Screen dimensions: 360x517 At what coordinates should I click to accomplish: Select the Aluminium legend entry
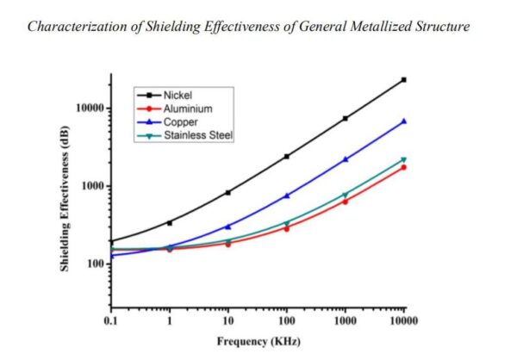pos(184,109)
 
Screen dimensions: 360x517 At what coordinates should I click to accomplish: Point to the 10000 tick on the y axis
pos(88,109)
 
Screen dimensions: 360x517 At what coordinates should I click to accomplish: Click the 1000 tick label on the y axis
pos(91,186)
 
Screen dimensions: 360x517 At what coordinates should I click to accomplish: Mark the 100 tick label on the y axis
pos(94,264)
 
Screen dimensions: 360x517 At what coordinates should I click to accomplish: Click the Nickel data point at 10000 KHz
pos(403,79)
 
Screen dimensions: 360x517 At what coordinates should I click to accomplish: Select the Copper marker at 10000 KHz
pos(403,121)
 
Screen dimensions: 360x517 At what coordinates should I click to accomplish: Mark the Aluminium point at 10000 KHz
pos(403,167)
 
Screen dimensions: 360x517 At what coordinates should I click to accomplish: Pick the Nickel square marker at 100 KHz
pos(286,156)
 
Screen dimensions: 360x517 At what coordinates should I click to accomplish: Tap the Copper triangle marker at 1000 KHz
pos(345,159)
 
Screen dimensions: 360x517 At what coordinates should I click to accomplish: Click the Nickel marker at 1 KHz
pos(169,223)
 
